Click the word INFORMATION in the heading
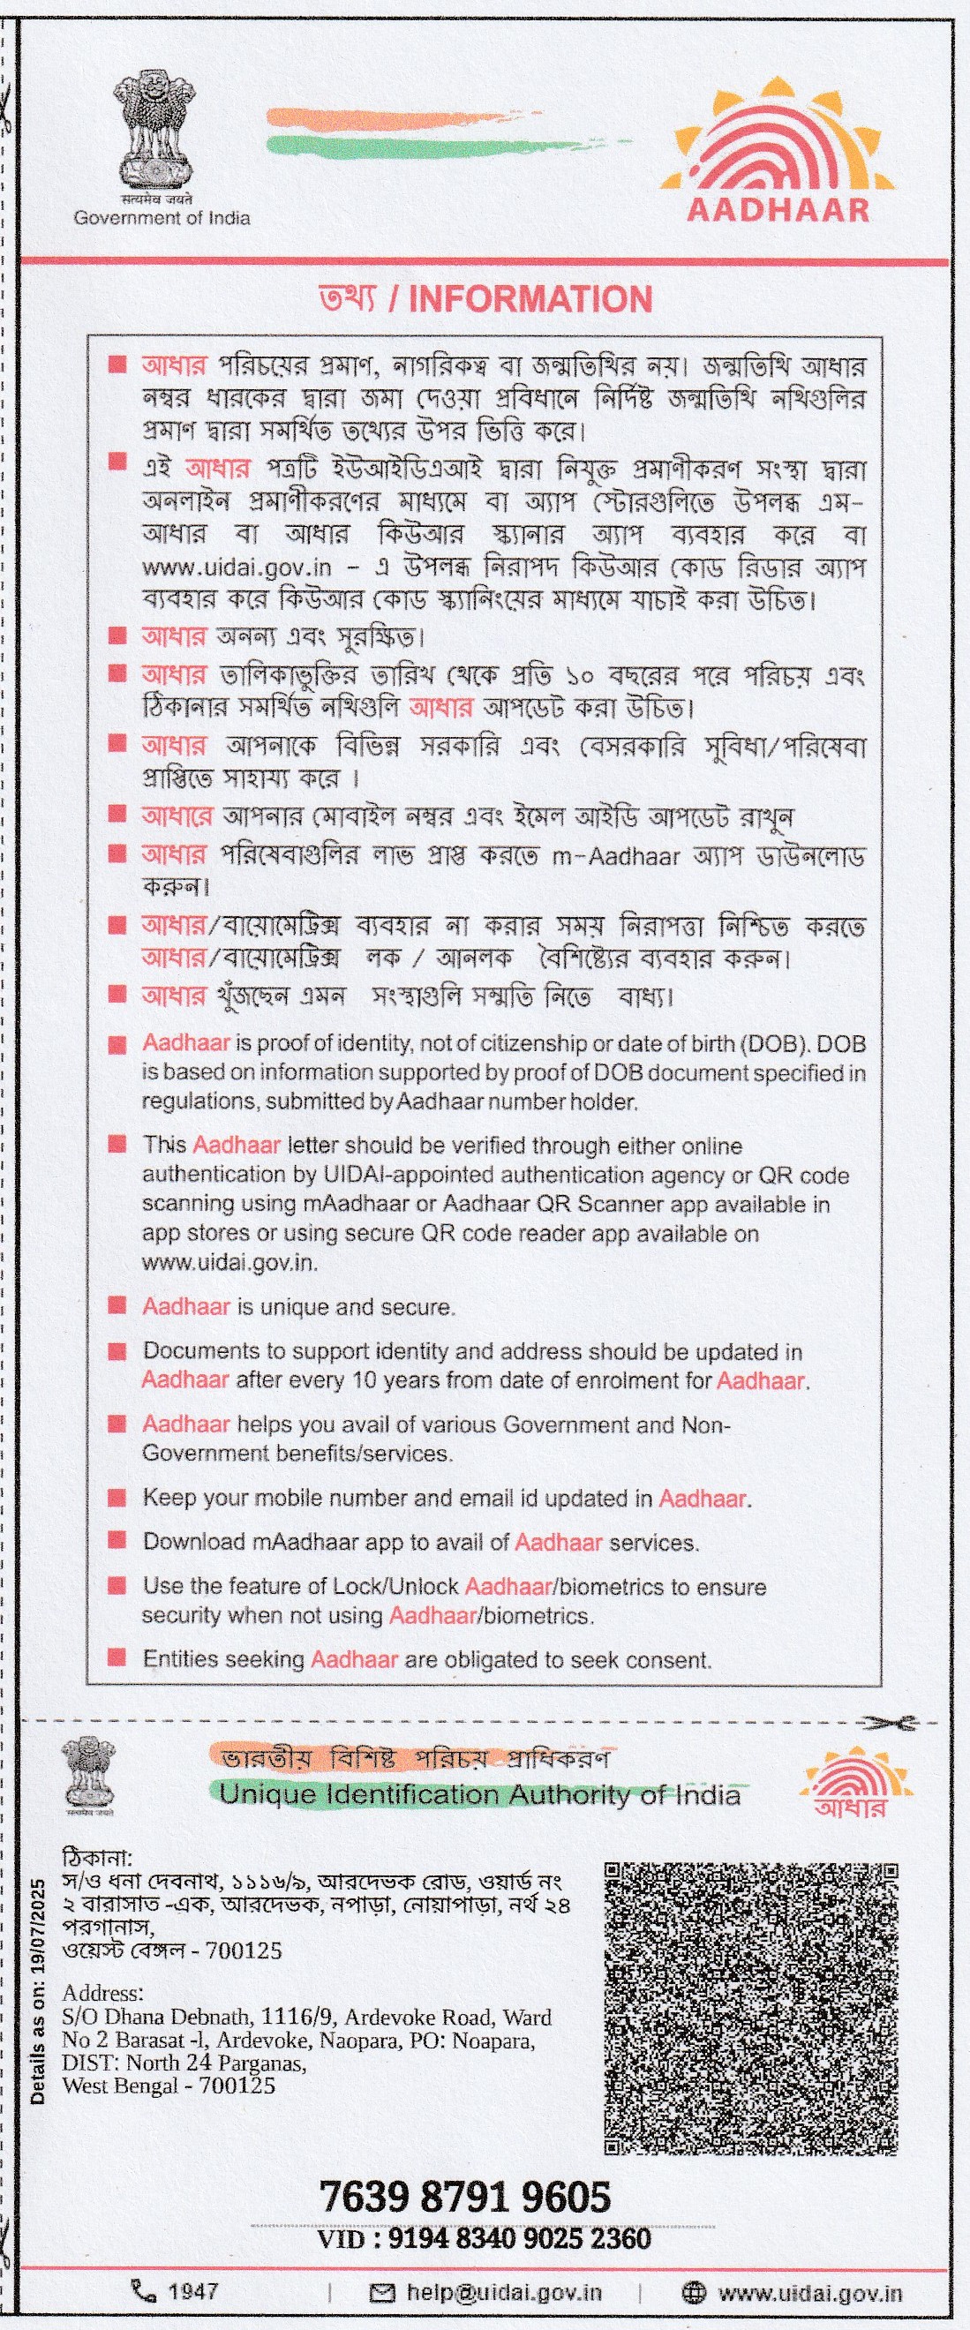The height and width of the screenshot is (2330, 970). coord(530,299)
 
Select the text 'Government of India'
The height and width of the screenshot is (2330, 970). coord(162,218)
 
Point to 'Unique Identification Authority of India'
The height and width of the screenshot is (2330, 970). coord(479,1794)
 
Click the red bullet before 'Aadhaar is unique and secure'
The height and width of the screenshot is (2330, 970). coord(116,1305)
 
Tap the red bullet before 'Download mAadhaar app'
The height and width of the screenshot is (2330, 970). coord(116,1539)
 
